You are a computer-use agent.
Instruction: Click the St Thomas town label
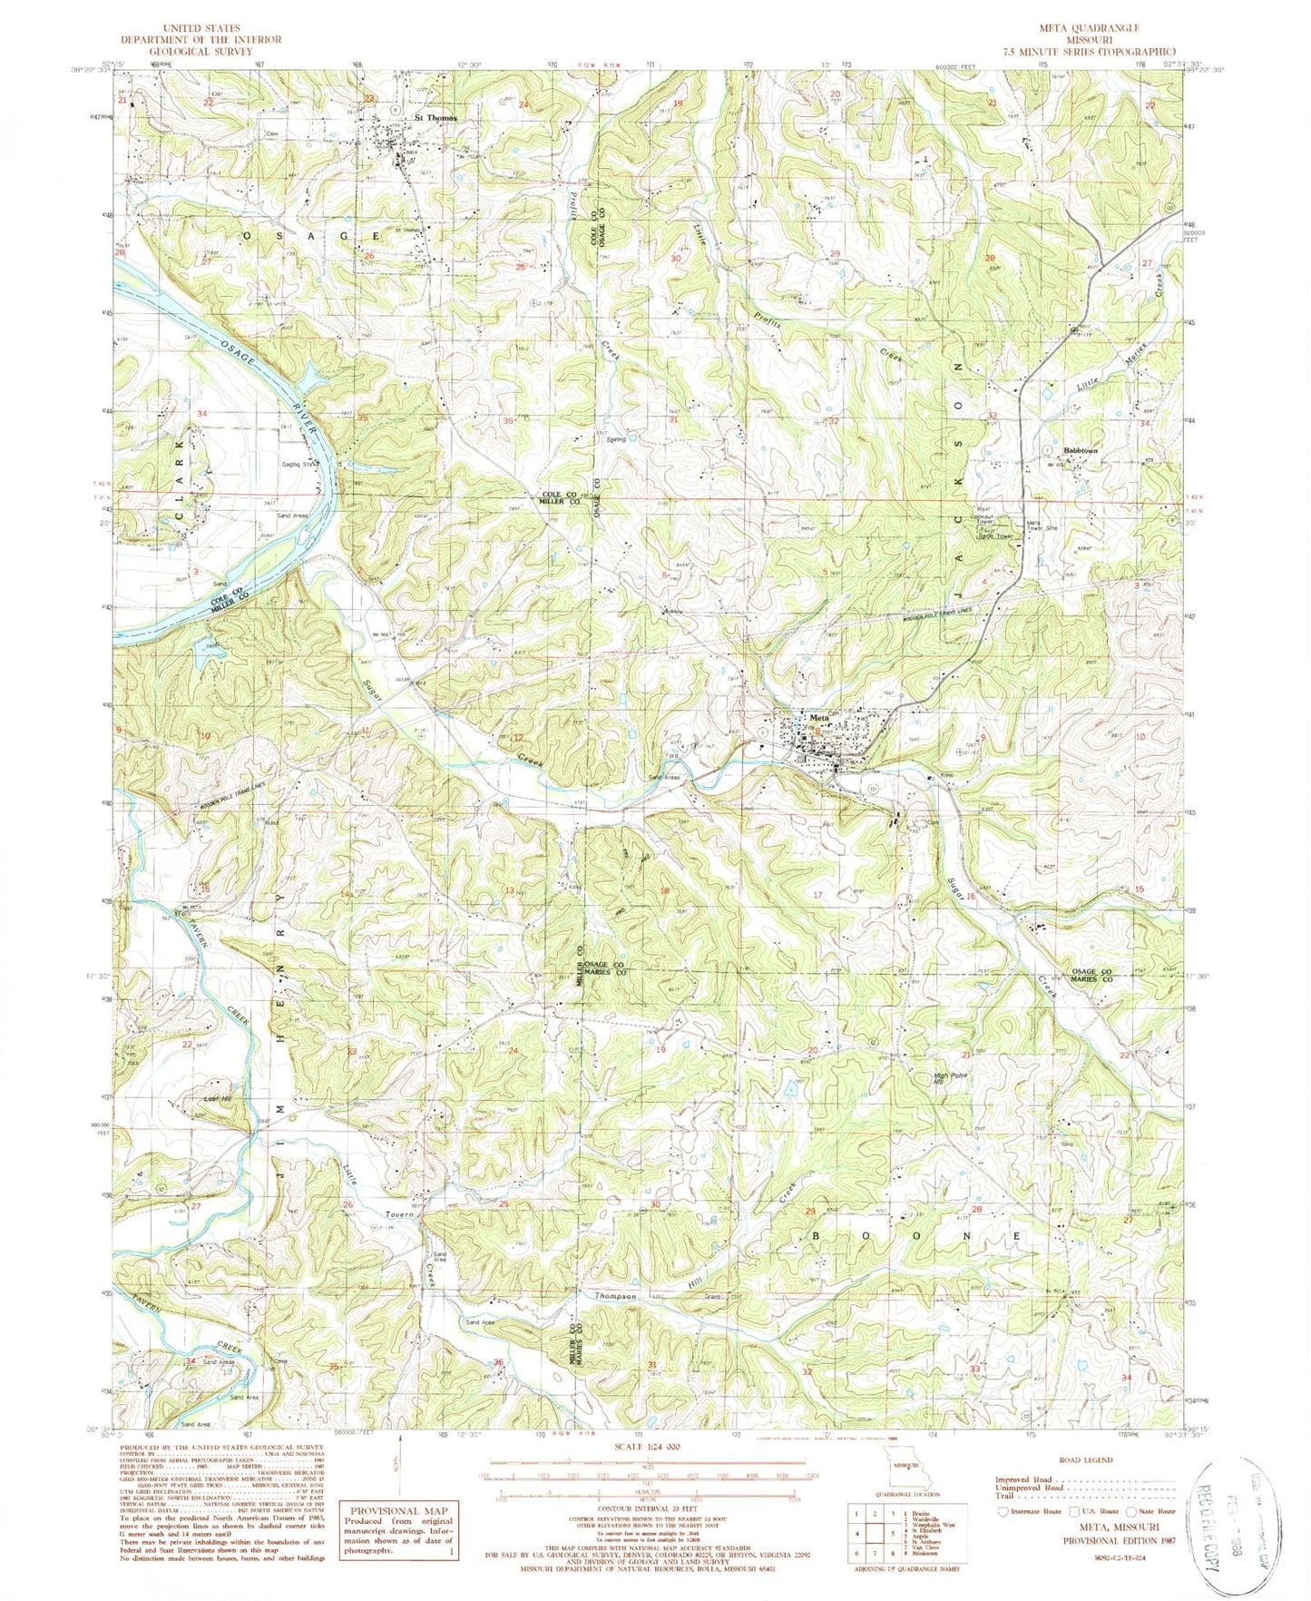tap(435, 118)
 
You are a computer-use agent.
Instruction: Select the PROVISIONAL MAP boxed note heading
tap(399, 1512)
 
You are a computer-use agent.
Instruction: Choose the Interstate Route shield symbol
tap(1002, 1512)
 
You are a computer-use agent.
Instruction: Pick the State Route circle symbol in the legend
tap(1131, 1512)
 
